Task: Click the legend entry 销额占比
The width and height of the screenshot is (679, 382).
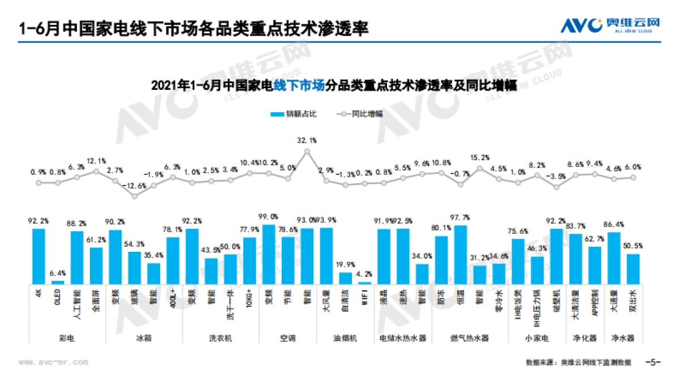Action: (294, 113)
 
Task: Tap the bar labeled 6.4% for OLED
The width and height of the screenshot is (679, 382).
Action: (58, 281)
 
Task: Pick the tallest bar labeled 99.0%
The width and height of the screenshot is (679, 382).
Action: (269, 254)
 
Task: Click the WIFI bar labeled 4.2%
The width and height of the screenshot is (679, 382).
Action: (365, 282)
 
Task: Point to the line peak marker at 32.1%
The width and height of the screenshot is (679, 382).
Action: (307, 151)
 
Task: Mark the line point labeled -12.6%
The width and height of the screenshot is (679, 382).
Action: (135, 196)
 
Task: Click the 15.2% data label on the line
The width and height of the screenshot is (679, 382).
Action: (480, 157)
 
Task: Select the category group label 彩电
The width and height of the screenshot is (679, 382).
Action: (67, 338)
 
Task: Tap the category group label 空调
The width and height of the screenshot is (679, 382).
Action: (288, 338)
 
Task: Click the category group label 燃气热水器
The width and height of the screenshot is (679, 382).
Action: (469, 338)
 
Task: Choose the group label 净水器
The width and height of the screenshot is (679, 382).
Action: (622, 338)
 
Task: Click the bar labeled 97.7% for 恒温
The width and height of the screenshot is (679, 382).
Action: (461, 254)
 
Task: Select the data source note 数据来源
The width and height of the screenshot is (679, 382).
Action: (577, 362)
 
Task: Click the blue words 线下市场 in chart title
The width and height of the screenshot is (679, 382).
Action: (299, 86)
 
